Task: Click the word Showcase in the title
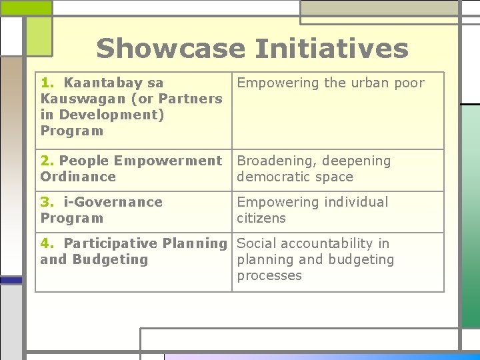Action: pyautogui.click(x=170, y=49)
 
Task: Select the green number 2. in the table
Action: pyautogui.click(x=47, y=161)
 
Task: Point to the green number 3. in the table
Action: pyautogui.click(x=48, y=202)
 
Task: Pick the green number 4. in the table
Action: pyautogui.click(x=48, y=243)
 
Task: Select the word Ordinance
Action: pyautogui.click(x=78, y=177)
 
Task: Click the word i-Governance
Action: pyautogui.click(x=113, y=202)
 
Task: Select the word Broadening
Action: pyautogui.click(x=274, y=161)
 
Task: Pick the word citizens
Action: pyautogui.click(x=261, y=218)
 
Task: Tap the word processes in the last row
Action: pyautogui.click(x=269, y=275)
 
